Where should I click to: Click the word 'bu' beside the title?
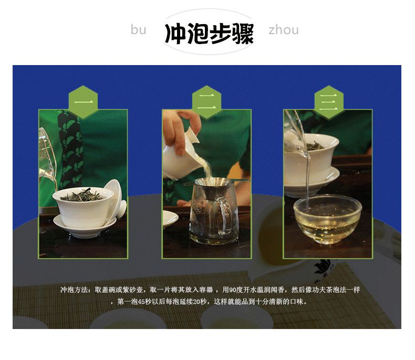(139, 29)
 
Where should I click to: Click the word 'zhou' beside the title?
(284, 30)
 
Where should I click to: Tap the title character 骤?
(243, 34)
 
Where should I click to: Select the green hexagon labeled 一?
(84, 102)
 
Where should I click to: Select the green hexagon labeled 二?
(206, 102)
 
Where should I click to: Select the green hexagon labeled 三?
(329, 102)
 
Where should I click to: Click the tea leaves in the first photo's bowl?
(82, 196)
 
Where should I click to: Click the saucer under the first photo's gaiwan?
(85, 226)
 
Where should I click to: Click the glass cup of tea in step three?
(327, 219)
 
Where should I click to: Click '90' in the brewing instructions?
(232, 290)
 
